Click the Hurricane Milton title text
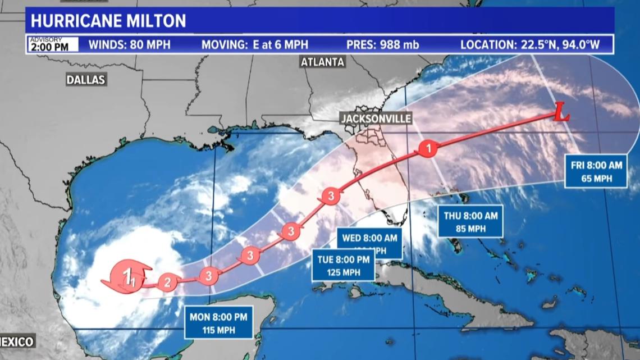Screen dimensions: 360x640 108,21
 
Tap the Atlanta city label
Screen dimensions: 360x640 322,62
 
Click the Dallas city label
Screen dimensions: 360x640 86,80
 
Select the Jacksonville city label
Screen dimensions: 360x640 375,119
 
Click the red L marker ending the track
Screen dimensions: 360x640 561,116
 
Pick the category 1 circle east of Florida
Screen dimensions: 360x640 428,149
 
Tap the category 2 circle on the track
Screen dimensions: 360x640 166,282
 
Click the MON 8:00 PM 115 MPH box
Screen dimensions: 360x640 218,322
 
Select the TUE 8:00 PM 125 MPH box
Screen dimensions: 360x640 344,266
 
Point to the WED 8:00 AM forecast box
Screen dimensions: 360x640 370,242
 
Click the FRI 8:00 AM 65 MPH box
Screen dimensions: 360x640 596,171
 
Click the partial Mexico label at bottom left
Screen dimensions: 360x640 17,341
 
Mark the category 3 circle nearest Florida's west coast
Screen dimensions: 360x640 330,196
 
